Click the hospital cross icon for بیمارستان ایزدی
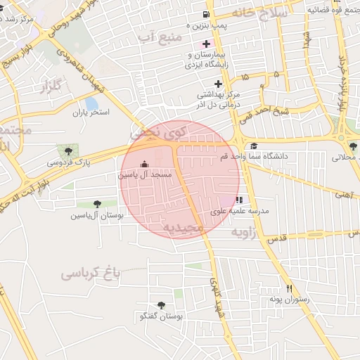pyautogui.click(x=205, y=44)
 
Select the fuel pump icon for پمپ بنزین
pyautogui.click(x=205, y=14)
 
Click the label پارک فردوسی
pyautogui.click(x=69, y=162)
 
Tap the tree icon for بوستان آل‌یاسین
pyautogui.click(x=97, y=205)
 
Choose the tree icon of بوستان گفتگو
pyautogui.click(x=162, y=305)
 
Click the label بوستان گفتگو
pyautogui.click(x=160, y=316)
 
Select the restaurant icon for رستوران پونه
pyautogui.click(x=288, y=288)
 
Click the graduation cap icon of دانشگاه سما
pyautogui.click(x=253, y=146)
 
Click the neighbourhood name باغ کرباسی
pyautogui.click(x=91, y=271)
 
